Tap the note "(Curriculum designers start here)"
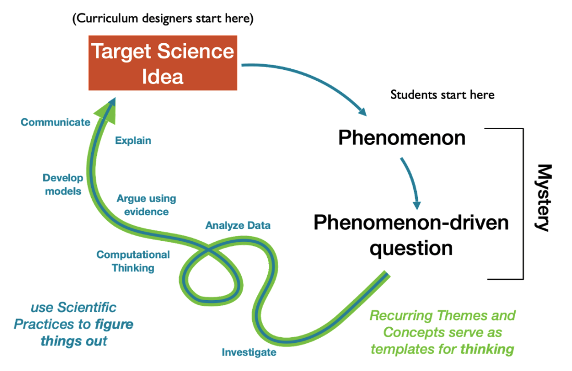pyautogui.click(x=163, y=20)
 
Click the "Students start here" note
pyautogui.click(x=442, y=95)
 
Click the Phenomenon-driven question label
pyautogui.click(x=411, y=235)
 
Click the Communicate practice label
pyautogui.click(x=55, y=122)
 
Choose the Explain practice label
pyautogui.click(x=133, y=140)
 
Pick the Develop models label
pyautogui.click(x=63, y=184)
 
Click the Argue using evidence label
pyautogui.click(x=146, y=205)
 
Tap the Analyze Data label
pyautogui.click(x=238, y=226)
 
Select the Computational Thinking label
pyautogui.click(x=133, y=261)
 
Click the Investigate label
pyautogui.click(x=249, y=352)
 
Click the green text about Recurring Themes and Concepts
pyautogui.click(x=442, y=332)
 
